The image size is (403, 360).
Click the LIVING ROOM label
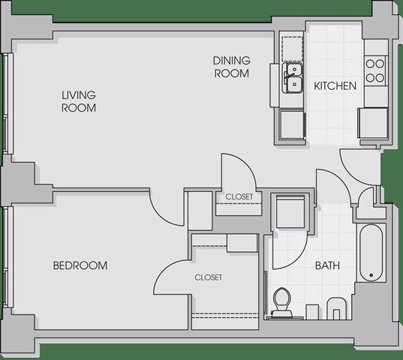[x=79, y=101]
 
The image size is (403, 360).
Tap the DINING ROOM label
[x=232, y=67]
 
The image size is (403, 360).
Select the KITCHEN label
[x=335, y=85]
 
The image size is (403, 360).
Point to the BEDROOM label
[x=80, y=265]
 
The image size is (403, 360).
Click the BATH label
[x=327, y=265]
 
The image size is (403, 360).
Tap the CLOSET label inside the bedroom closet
[x=209, y=277]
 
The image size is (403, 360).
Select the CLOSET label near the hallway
[x=239, y=196]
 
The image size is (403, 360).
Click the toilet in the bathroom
[x=281, y=303]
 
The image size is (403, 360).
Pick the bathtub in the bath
[x=371, y=253]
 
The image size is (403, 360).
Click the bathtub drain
[x=371, y=275]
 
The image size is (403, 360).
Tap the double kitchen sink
[x=293, y=78]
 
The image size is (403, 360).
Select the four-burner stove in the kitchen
[x=375, y=70]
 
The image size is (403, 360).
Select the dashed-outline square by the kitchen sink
[x=293, y=49]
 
